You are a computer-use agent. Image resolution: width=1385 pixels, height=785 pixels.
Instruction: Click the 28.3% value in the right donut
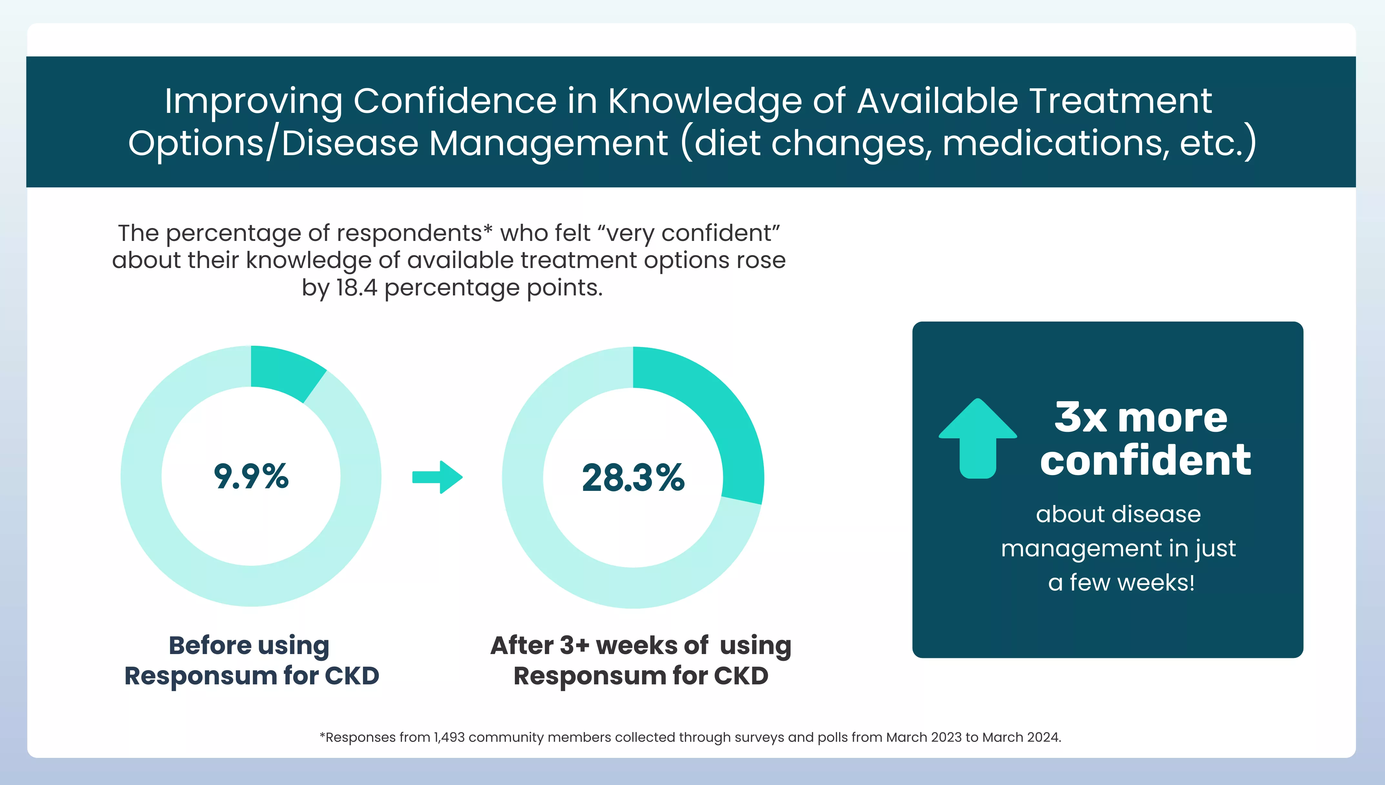click(633, 478)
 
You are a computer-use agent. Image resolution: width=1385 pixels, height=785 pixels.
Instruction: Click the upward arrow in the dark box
click(978, 439)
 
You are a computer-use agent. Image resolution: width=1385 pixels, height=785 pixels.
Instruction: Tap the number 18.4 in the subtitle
click(356, 288)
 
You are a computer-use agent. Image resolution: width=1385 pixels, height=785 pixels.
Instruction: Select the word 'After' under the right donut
click(522, 645)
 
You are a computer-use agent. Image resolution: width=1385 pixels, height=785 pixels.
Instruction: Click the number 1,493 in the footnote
click(449, 737)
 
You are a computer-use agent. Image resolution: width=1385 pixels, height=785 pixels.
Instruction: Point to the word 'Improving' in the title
click(254, 101)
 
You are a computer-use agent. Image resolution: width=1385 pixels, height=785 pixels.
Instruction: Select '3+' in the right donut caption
click(574, 645)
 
